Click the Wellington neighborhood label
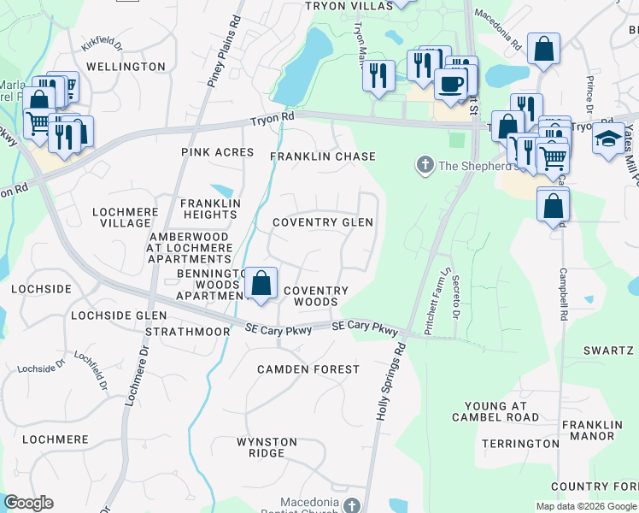[126, 66]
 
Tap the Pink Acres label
[218, 152]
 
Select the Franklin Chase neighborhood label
[323, 156]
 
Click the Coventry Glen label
[323, 222]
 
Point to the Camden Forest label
[309, 369]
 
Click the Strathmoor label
[188, 331]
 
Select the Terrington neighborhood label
[520, 444]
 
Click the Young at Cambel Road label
[496, 411]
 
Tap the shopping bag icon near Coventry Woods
[261, 283]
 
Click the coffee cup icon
[450, 84]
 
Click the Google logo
[28, 503]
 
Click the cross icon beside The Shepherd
[424, 164]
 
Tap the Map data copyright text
[585, 506]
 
